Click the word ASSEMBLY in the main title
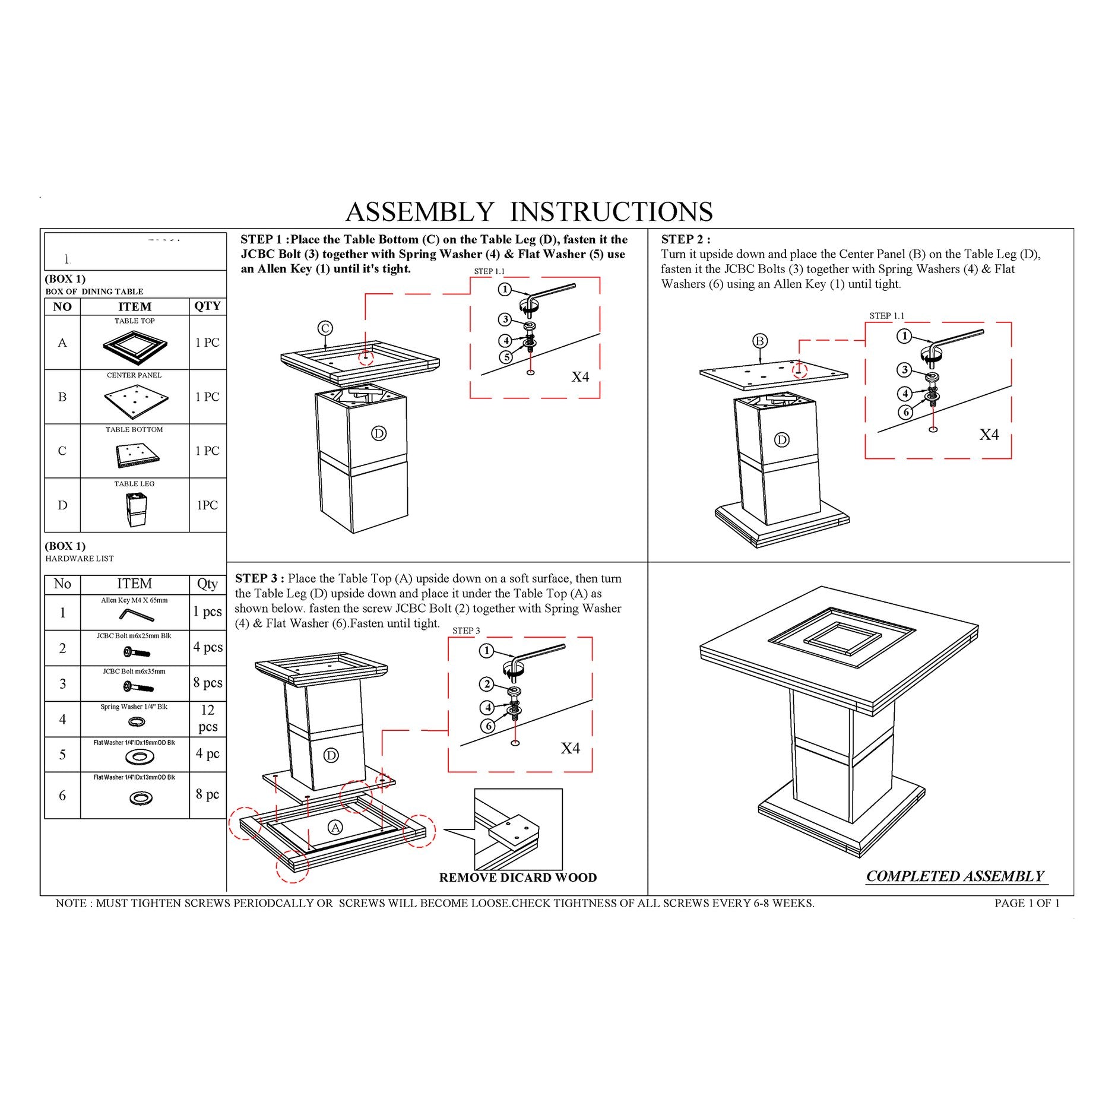click(x=419, y=211)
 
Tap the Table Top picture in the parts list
click(x=135, y=346)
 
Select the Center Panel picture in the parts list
click(x=136, y=401)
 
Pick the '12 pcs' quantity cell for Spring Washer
click(x=208, y=718)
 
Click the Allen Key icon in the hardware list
click(x=136, y=614)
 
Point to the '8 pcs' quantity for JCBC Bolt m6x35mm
click(x=208, y=683)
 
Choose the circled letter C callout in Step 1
click(x=325, y=328)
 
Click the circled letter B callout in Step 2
click(x=760, y=341)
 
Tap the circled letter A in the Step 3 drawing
click(x=335, y=827)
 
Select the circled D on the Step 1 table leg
click(x=379, y=433)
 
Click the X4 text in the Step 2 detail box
click(x=989, y=435)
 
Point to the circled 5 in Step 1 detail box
click(x=506, y=357)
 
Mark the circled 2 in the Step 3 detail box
click(x=487, y=685)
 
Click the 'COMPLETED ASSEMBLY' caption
click(x=955, y=876)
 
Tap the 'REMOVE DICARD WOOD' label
click(x=518, y=878)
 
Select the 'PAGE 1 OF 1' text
click(x=1027, y=903)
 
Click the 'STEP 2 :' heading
click(x=686, y=239)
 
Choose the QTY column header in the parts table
click(x=207, y=306)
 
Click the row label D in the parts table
click(x=62, y=505)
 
